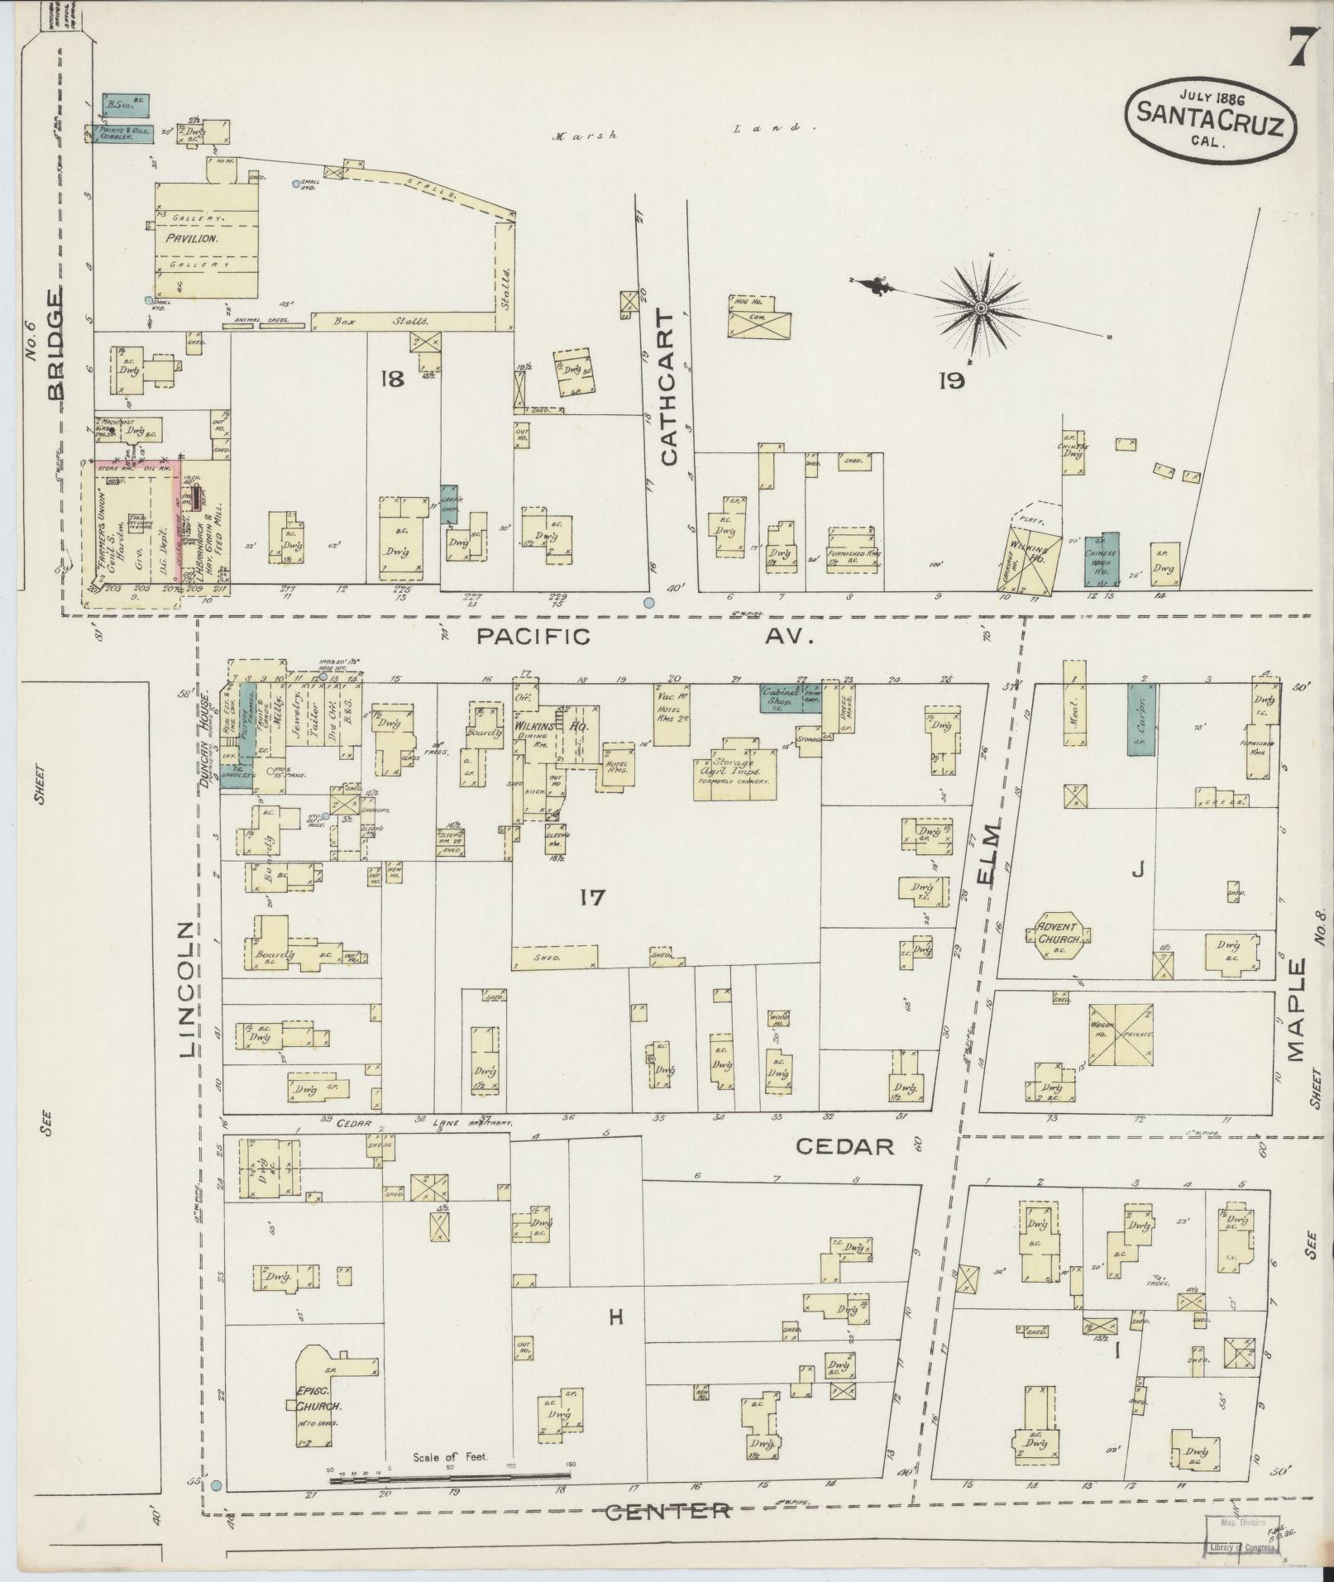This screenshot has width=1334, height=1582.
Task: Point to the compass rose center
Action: pyautogui.click(x=981, y=308)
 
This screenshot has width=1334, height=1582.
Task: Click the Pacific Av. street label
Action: pyautogui.click(x=645, y=637)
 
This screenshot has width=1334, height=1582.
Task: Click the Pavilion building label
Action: pyautogui.click(x=190, y=237)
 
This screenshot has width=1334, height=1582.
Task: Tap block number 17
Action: pyautogui.click(x=593, y=896)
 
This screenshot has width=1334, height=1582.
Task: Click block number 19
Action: pyautogui.click(x=952, y=380)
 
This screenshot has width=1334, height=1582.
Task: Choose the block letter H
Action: pyautogui.click(x=615, y=1318)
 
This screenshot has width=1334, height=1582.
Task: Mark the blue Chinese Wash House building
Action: pyautogui.click(x=1102, y=560)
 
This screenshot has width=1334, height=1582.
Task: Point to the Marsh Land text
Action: pyautogui.click(x=678, y=132)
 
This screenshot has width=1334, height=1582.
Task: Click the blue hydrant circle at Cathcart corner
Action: pyautogui.click(x=649, y=603)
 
